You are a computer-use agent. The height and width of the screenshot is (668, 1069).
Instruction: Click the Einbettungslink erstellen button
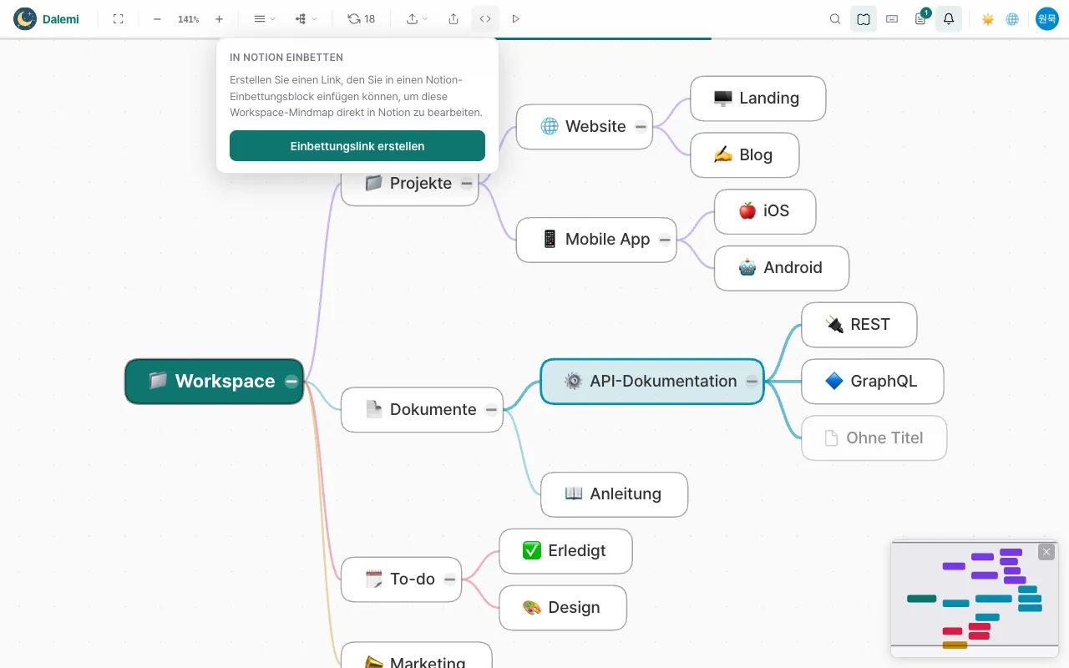coord(357,145)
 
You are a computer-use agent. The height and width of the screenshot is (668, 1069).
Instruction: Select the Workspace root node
coord(215,382)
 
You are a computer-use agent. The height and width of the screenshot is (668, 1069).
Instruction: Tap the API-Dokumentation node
coord(652,382)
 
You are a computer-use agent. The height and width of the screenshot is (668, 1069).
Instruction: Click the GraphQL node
coord(873,382)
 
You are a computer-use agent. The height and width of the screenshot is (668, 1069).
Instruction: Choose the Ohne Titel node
coord(874,438)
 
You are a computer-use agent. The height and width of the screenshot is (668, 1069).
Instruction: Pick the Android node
coord(782,268)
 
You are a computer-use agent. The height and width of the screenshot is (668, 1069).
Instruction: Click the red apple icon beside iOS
coord(747,211)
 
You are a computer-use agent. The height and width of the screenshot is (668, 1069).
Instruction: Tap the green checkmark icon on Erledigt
coord(532,550)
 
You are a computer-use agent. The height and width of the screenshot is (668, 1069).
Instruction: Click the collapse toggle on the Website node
coord(641,127)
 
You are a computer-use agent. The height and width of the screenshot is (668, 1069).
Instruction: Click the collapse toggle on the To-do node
coord(449,579)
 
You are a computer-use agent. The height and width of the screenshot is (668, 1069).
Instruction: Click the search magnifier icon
coord(834,19)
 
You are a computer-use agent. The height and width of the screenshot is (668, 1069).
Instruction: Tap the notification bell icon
coord(949,19)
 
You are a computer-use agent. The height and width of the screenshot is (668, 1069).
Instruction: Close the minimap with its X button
coord(1046,552)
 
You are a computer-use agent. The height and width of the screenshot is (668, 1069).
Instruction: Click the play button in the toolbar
coord(515,19)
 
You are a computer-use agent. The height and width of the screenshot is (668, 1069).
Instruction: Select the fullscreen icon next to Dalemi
coord(119,19)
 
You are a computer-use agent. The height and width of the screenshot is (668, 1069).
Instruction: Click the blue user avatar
coord(1046,19)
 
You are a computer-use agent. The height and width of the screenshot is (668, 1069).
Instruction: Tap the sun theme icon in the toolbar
coord(987,19)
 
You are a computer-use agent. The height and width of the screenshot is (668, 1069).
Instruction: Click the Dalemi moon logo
coord(25,19)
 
